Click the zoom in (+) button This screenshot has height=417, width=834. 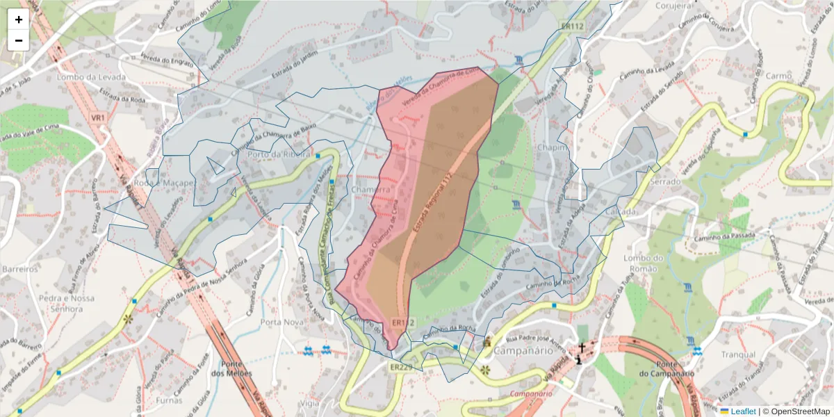click(18, 19)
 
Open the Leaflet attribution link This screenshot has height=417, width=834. click(743, 411)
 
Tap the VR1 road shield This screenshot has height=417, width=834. click(98, 118)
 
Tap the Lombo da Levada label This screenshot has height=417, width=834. click(92, 76)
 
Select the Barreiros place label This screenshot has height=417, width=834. click(19, 268)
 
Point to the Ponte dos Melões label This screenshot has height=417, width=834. click(236, 368)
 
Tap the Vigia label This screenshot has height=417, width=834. click(310, 402)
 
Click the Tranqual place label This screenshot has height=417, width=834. click(738, 354)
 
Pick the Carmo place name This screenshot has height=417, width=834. click(778, 75)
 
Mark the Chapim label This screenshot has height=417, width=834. click(553, 147)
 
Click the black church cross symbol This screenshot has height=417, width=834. click(581, 346)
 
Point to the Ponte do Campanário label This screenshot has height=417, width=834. click(664, 369)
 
